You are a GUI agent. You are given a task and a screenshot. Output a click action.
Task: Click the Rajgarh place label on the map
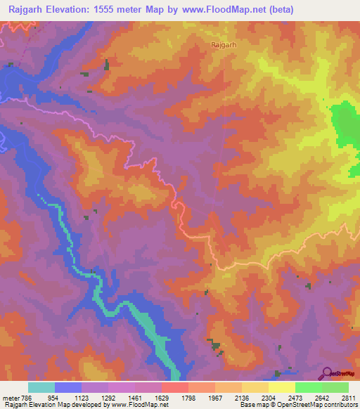[223, 44]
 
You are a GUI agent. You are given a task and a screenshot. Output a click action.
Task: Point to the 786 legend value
[27, 398]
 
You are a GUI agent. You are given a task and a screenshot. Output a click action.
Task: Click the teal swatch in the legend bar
[41, 387]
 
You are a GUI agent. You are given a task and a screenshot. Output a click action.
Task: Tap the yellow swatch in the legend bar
[281, 387]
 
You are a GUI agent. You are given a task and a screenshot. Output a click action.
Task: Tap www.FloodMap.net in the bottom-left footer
[135, 405]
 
